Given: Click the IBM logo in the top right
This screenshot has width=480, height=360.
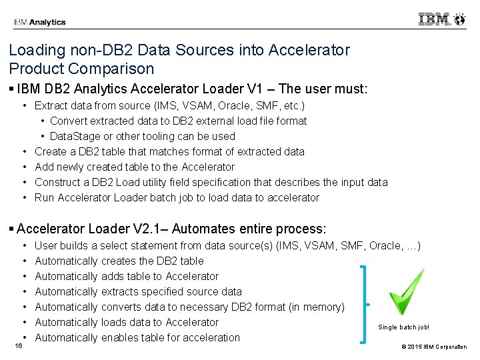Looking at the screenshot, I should (x=441, y=19).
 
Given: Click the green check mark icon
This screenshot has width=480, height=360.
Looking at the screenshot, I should (x=407, y=291).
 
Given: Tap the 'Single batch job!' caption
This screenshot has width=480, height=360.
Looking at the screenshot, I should (x=404, y=327).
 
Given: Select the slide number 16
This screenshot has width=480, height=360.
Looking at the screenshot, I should (x=19, y=345).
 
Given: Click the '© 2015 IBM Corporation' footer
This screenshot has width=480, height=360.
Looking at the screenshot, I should (x=435, y=347).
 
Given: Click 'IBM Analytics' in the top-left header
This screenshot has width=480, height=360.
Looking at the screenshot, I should (x=39, y=22).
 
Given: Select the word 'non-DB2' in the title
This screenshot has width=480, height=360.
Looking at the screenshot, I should (x=91, y=50).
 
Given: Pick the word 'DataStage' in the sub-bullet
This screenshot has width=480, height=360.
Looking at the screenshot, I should (x=74, y=136).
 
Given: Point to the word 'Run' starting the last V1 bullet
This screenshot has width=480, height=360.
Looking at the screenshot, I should (x=45, y=197).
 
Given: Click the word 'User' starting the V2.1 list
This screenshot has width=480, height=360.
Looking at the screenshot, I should (x=46, y=245).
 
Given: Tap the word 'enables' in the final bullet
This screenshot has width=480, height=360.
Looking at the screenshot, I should (x=120, y=337).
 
